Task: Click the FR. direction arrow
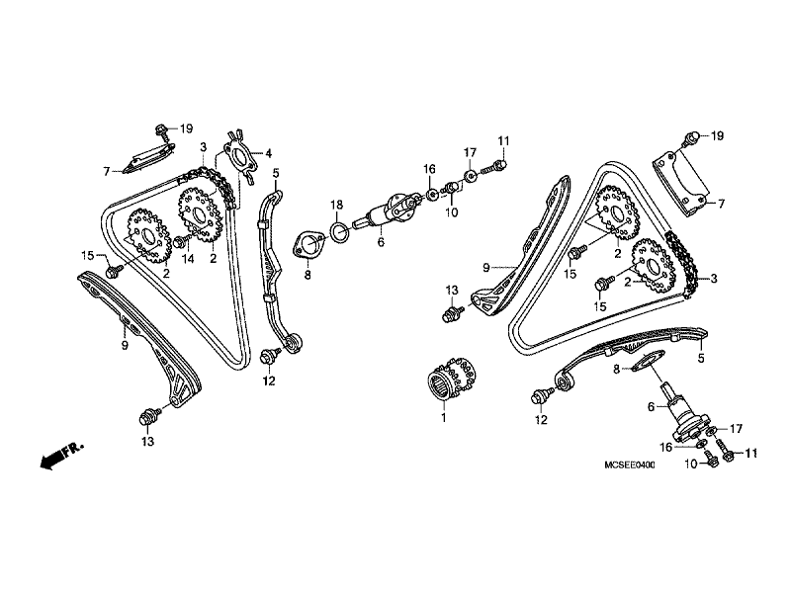click(61, 456)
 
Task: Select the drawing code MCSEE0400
click(630, 465)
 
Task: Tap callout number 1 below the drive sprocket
click(443, 417)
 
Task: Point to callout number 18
click(336, 205)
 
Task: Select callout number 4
click(268, 153)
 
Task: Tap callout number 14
click(188, 259)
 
